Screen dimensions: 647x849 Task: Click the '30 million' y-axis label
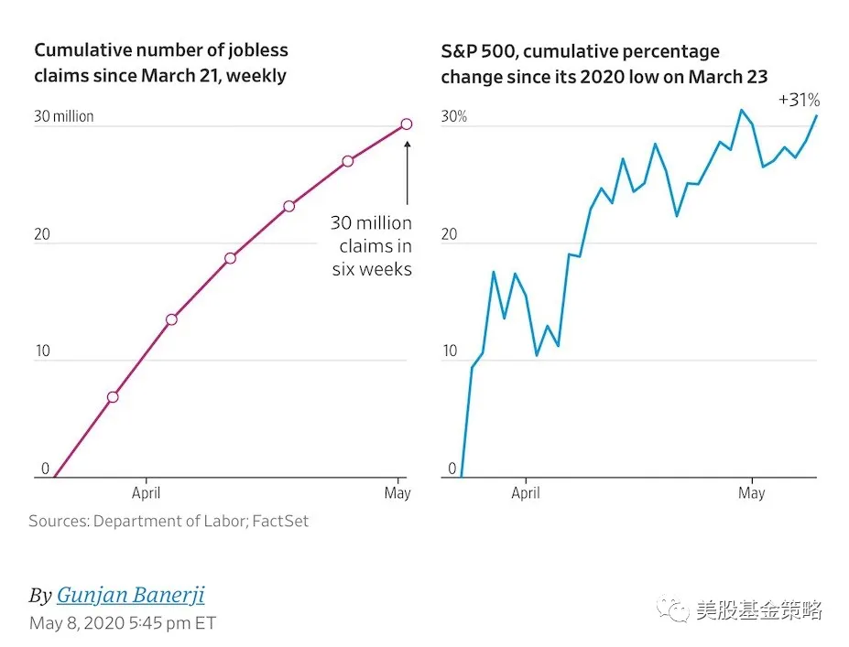[x=64, y=117]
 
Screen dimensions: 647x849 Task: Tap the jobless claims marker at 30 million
[x=406, y=124]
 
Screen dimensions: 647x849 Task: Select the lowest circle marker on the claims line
[x=113, y=397]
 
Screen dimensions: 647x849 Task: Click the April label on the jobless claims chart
[x=146, y=493]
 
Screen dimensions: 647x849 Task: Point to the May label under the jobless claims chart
[x=397, y=493]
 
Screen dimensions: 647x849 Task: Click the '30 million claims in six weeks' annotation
[x=371, y=246]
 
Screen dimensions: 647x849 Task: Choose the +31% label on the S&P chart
[x=799, y=100]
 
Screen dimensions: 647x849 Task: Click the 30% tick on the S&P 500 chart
[x=454, y=117]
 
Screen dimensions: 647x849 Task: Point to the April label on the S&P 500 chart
[x=526, y=493]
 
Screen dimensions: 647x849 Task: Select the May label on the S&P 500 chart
[x=751, y=493]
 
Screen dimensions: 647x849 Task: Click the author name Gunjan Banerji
[x=130, y=596]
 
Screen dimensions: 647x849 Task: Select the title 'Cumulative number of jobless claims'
[x=161, y=51]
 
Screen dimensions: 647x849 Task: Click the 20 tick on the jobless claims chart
[x=42, y=235]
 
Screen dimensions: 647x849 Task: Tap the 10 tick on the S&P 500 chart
[x=450, y=352]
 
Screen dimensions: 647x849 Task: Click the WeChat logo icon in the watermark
[x=678, y=610]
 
